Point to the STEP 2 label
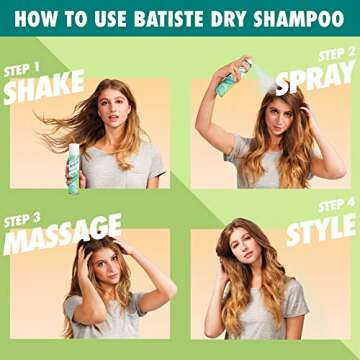click(x=336, y=54)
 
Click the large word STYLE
click(x=321, y=231)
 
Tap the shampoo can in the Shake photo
click(x=74, y=165)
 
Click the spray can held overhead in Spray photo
click(x=232, y=77)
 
